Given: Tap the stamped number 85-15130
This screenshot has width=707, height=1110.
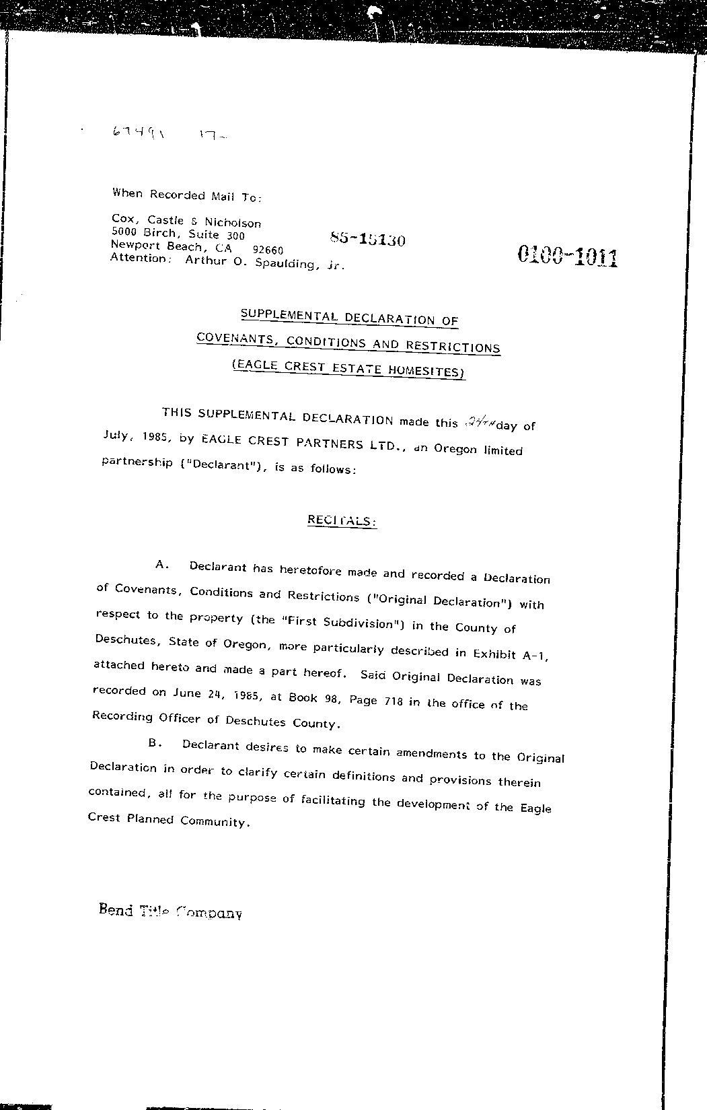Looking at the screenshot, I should pyautogui.click(x=367, y=239).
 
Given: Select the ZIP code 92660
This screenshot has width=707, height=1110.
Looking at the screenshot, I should pyautogui.click(x=267, y=249).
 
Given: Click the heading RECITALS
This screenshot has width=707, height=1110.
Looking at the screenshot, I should pyautogui.click(x=342, y=520).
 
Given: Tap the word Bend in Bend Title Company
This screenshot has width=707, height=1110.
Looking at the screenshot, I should pyautogui.click(x=115, y=909).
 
